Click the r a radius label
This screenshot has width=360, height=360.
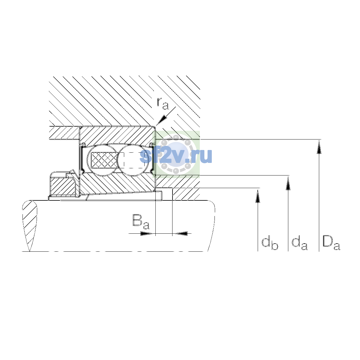click(163, 103)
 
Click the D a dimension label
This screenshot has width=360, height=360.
click(331, 243)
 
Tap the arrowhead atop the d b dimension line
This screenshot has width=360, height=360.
click(258, 196)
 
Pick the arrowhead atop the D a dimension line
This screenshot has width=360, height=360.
click(319, 147)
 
